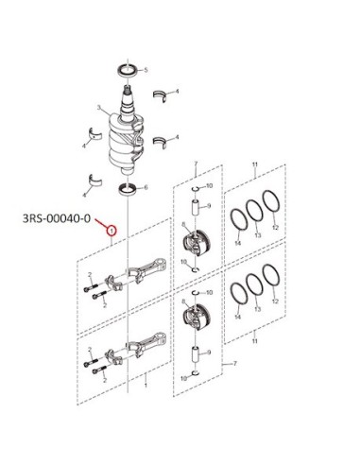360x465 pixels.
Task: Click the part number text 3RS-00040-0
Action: tap(57, 218)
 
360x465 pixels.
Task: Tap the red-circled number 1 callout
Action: tap(111, 231)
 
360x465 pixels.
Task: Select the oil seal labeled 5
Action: tap(128, 70)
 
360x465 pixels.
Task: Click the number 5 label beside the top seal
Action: tap(146, 70)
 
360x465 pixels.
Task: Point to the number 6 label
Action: tap(146, 188)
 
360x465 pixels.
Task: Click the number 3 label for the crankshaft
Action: tap(98, 108)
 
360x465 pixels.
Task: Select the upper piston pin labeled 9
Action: tap(196, 207)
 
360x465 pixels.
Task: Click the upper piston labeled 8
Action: tap(196, 244)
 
